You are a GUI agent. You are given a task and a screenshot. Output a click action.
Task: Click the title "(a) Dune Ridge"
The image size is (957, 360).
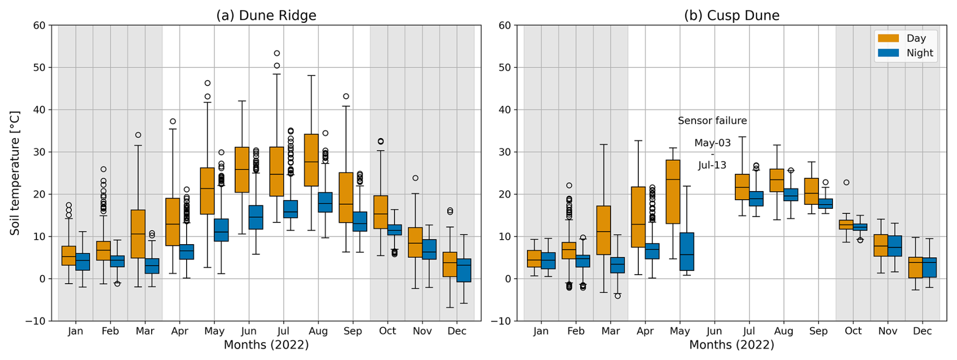tap(266, 16)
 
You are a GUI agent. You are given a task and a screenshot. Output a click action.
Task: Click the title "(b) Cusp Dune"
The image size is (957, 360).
tap(731, 16)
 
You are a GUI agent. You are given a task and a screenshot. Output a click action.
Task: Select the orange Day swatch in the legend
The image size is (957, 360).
tap(888, 38)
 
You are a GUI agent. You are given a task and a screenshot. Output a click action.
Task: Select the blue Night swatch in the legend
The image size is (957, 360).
tap(888, 53)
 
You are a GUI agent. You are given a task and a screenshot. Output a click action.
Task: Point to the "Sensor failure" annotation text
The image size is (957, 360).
tap(712, 121)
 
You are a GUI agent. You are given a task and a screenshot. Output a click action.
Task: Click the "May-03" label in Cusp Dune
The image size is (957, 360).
tap(712, 143)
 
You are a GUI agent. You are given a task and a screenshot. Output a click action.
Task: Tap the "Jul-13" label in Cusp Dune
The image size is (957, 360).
tap(712, 165)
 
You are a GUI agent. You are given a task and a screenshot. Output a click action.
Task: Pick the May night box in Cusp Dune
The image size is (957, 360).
tap(686, 251)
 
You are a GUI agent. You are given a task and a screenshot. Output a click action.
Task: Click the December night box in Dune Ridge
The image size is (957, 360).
tap(464, 270)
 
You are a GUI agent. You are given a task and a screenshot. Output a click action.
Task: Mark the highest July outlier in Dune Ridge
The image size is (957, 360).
tap(277, 53)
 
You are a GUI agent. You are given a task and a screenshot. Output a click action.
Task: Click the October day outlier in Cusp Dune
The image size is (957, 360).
tap(846, 183)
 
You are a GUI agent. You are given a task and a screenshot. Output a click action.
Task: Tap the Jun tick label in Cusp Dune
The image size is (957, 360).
tap(714, 331)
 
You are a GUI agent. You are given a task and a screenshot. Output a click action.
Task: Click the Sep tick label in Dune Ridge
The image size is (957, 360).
tap(353, 331)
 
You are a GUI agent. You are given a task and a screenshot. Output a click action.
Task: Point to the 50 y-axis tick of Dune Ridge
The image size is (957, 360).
tap(39, 68)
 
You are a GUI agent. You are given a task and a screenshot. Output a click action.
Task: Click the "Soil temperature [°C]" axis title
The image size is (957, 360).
tap(15, 173)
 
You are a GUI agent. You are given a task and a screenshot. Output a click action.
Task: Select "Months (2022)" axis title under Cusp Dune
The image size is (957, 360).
tap(731, 345)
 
